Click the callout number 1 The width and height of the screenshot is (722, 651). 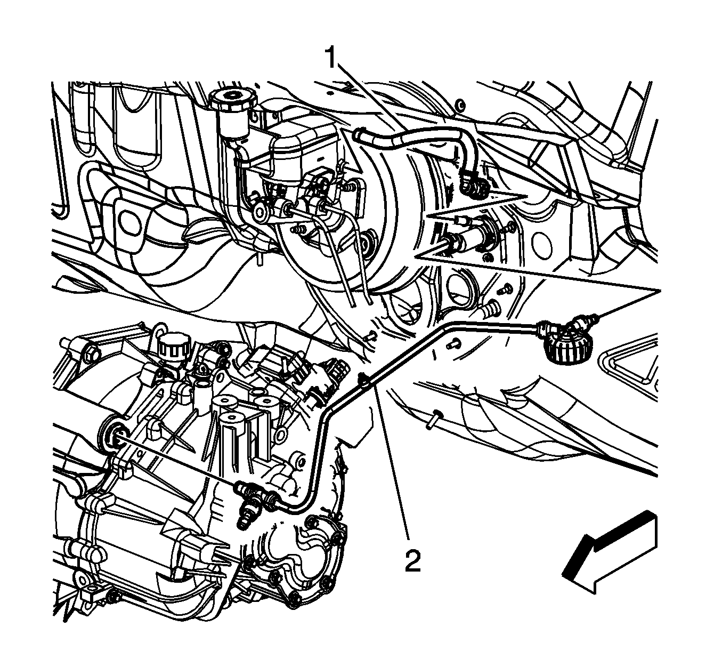331,58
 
